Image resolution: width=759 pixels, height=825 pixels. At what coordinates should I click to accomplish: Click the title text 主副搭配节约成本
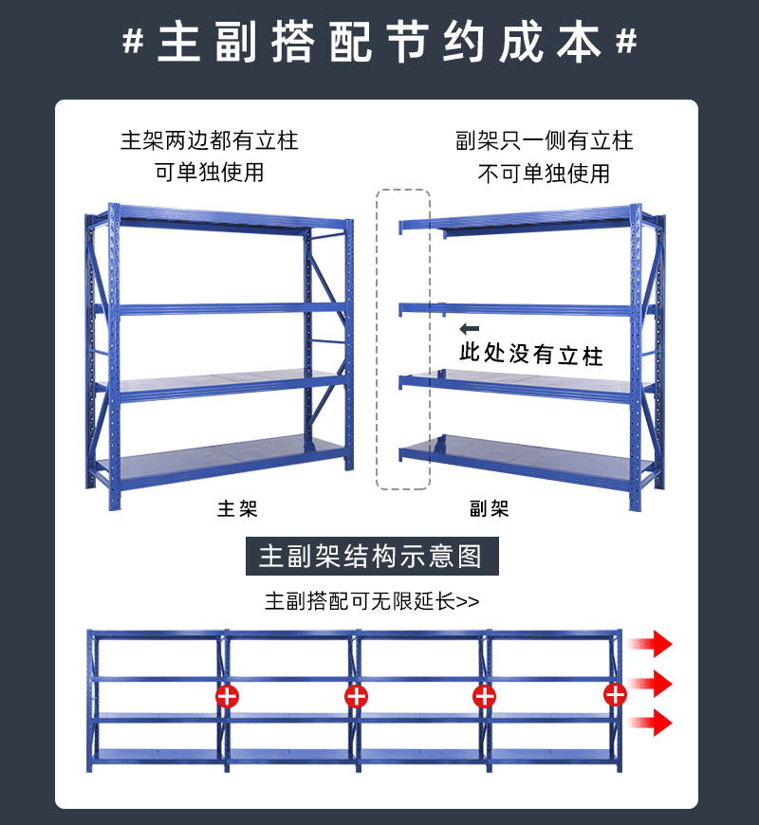[x=379, y=44]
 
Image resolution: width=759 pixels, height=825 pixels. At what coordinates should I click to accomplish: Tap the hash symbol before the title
[x=134, y=44]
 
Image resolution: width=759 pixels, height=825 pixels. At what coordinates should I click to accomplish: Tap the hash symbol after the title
[x=625, y=44]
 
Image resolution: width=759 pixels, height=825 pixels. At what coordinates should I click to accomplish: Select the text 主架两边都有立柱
[x=209, y=141]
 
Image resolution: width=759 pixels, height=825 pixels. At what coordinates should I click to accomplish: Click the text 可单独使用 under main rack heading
[x=209, y=173]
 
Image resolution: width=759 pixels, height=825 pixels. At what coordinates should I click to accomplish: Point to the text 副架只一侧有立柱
[x=544, y=141]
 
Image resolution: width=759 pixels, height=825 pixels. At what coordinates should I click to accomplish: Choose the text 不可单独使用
[x=544, y=174]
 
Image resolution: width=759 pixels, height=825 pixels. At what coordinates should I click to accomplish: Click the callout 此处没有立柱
[x=530, y=355]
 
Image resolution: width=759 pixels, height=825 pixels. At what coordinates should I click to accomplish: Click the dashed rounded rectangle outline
[x=403, y=339]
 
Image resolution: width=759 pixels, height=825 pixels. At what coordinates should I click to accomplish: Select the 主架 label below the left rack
[x=237, y=509]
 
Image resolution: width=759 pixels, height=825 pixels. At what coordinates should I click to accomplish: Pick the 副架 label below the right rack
[x=490, y=509]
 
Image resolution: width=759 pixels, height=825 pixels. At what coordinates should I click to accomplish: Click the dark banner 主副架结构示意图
[x=372, y=556]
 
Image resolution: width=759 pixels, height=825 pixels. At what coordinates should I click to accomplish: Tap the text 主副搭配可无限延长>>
[x=372, y=601]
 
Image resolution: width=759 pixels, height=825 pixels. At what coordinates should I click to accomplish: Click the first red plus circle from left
[x=228, y=697]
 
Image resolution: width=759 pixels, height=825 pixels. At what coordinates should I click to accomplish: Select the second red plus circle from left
[x=356, y=697]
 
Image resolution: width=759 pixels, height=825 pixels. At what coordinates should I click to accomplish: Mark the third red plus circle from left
[x=484, y=697]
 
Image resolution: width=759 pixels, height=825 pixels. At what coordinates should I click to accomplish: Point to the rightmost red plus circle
[x=615, y=695]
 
